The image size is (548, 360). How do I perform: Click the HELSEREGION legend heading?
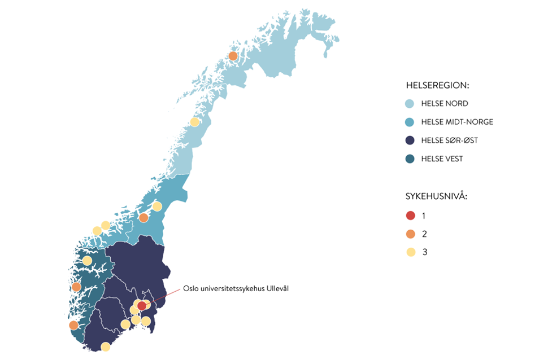point(438,86)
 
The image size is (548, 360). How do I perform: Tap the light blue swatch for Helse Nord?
point(410,104)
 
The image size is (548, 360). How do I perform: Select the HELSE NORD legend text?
point(445,104)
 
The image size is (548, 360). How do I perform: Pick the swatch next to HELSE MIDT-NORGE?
point(410,122)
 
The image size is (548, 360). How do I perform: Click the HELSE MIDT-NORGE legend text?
point(457,122)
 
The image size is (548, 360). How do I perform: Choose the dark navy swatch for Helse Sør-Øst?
point(410,141)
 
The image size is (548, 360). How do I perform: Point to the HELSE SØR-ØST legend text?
point(450,141)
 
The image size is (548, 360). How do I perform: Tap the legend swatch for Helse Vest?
point(410,159)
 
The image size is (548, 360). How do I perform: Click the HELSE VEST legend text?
point(442,159)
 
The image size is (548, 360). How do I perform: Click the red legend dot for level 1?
point(411,216)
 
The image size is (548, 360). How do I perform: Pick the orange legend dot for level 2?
point(411,234)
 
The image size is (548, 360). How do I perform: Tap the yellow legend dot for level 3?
point(411,252)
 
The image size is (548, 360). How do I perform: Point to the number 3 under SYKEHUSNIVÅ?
point(425,252)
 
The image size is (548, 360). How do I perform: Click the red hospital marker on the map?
point(142,306)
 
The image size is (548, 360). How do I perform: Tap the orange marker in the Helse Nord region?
point(233,56)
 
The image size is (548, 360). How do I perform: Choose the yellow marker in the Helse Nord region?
point(194,122)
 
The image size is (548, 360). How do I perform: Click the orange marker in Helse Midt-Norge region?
point(143,218)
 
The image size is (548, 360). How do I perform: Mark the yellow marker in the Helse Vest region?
point(87,261)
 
